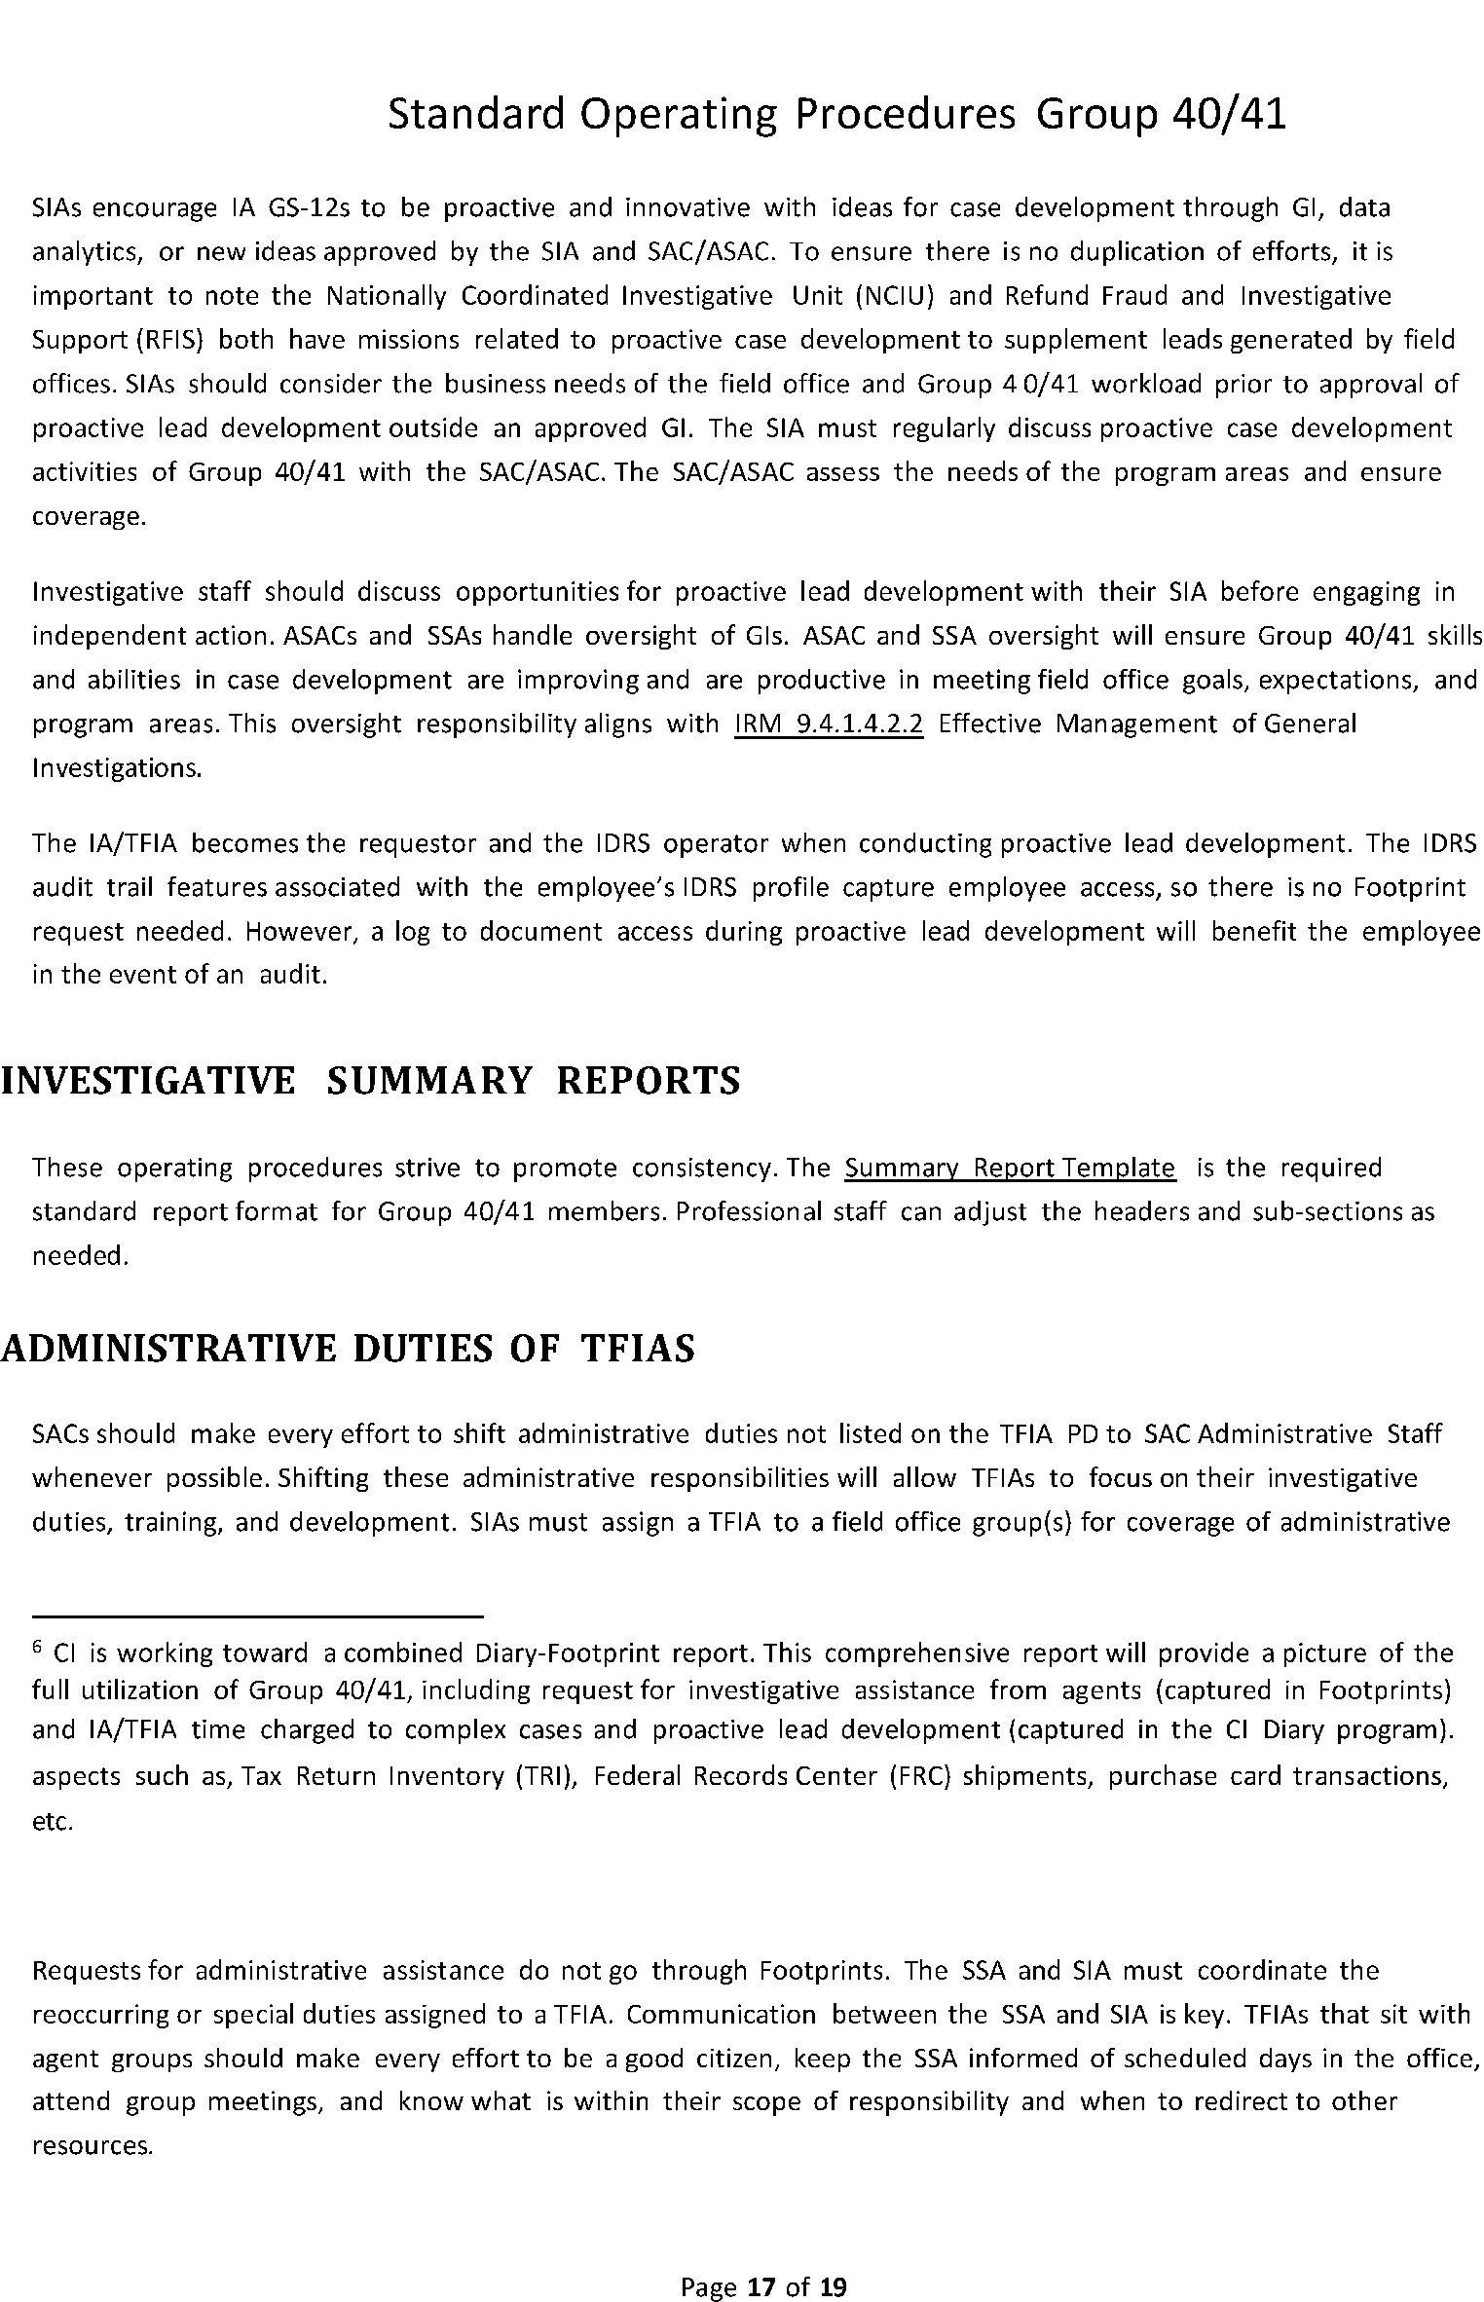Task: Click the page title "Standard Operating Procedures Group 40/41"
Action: pos(836,115)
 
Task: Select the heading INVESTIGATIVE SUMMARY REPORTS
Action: pos(370,1082)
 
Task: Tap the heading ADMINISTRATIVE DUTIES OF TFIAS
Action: pos(348,1349)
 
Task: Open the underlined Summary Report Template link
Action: pos(1010,1168)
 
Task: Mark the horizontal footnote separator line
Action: pos(258,1616)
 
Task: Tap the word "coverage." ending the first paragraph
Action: pos(89,516)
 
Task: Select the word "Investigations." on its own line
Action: pos(117,768)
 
